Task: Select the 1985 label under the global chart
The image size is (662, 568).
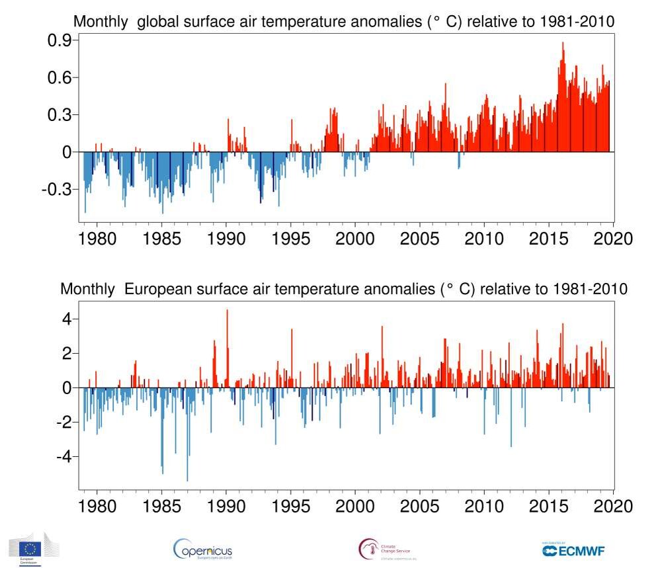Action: pyautogui.click(x=161, y=238)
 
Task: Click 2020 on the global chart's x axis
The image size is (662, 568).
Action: pyautogui.click(x=614, y=238)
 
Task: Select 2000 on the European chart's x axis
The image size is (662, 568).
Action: pyautogui.click(x=355, y=507)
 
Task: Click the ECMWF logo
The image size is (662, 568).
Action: pyautogui.click(x=573, y=549)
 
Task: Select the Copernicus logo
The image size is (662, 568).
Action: pyautogui.click(x=202, y=549)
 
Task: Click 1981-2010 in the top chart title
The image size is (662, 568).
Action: pyautogui.click(x=577, y=22)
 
